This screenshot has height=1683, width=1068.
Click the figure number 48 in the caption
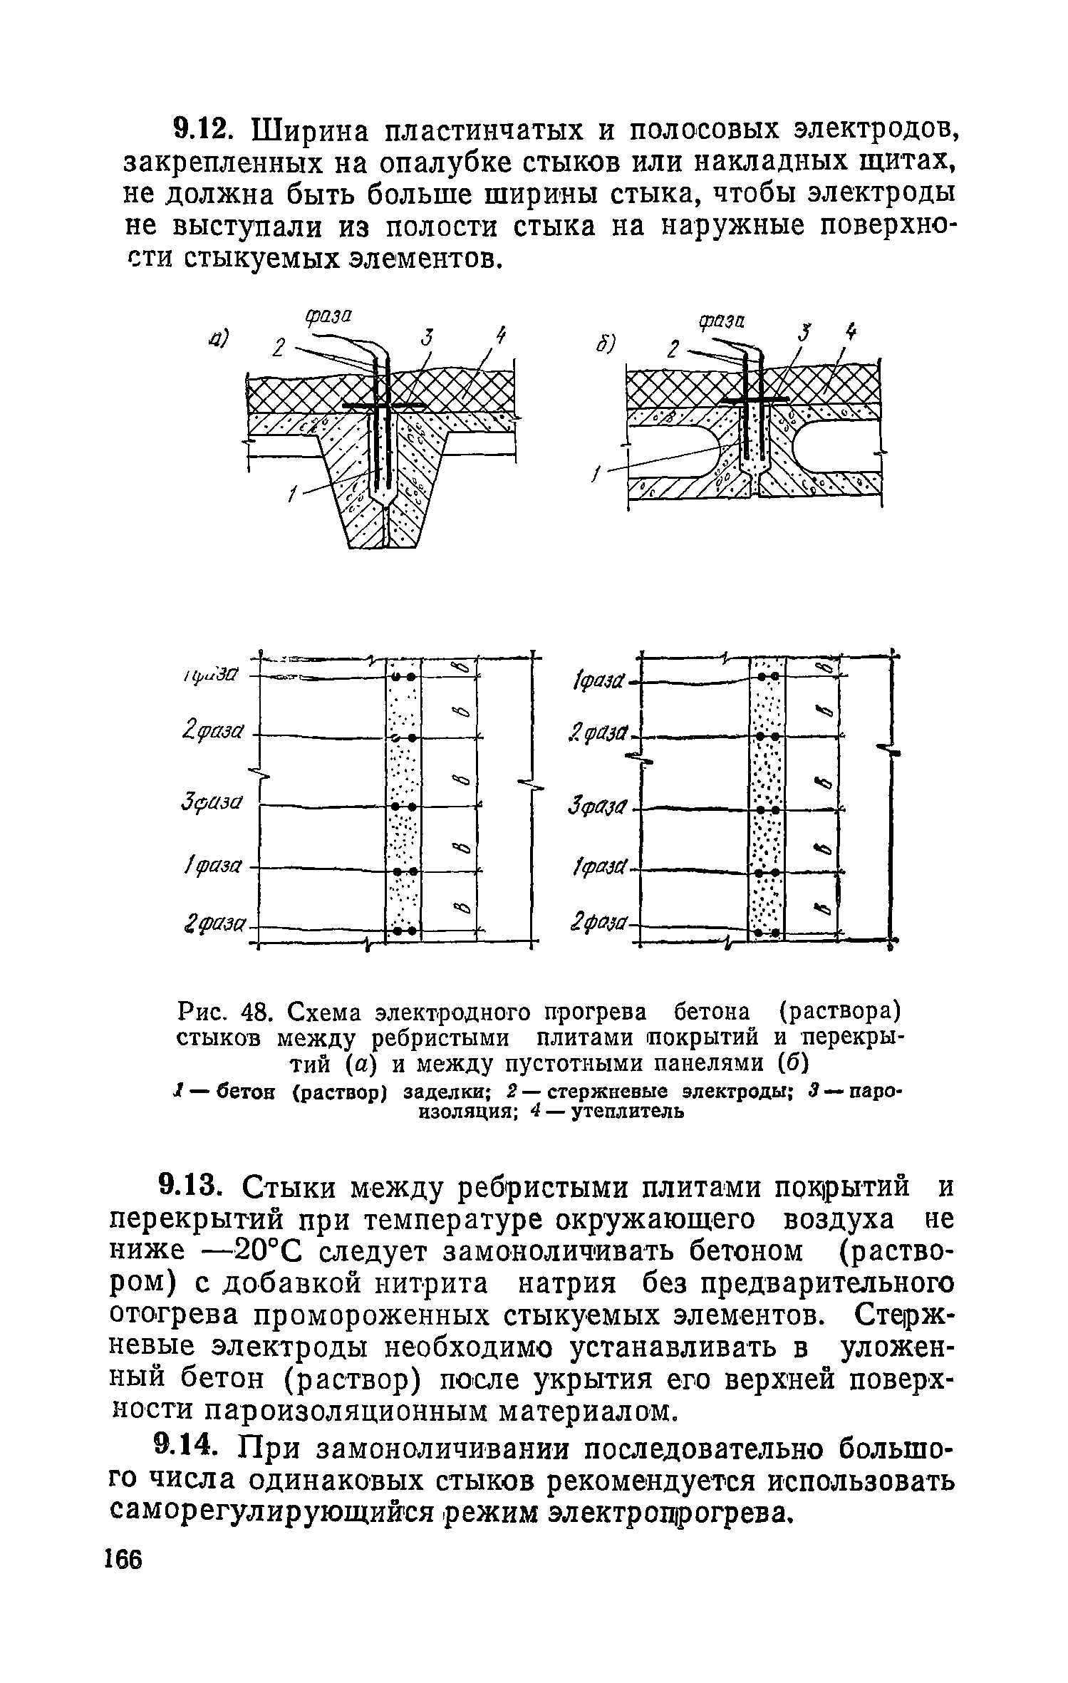252,1013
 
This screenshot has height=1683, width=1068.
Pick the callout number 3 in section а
426,338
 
